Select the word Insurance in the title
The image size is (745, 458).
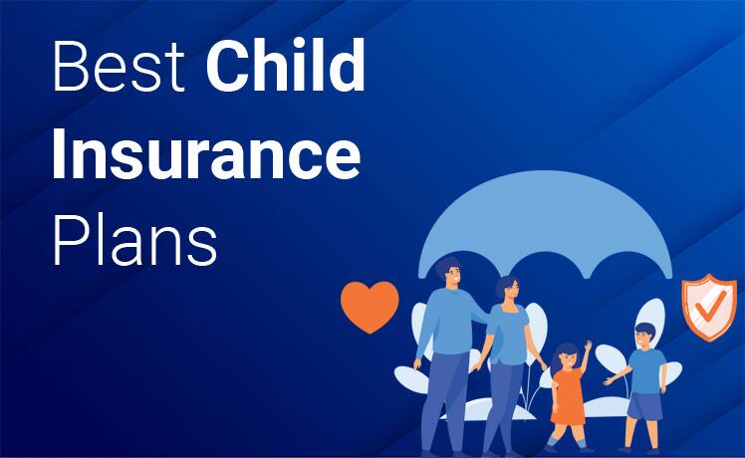point(205,155)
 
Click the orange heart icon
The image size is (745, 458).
point(370,306)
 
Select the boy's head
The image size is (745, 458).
point(642,335)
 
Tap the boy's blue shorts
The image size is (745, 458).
point(644,406)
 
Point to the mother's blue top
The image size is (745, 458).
point(511,334)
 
